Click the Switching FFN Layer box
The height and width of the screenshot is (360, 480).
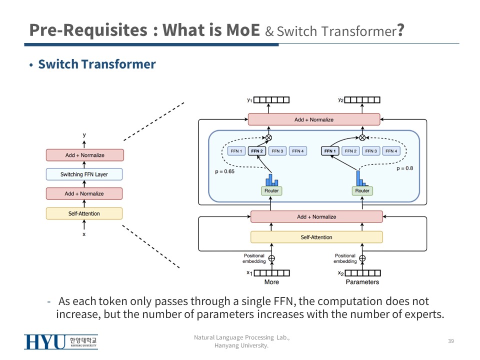coord(84,174)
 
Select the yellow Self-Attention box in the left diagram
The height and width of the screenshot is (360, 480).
coord(84,213)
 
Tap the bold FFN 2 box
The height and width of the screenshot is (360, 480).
coord(257,151)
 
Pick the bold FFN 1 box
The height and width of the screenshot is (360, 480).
coord(330,151)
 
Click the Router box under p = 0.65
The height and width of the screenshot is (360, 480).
coord(271,190)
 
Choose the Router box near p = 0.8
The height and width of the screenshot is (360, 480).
coord(362,190)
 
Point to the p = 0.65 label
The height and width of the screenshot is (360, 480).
coord(225,171)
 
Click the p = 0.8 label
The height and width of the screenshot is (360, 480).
coord(404,168)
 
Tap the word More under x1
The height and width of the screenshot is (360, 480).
coord(271,282)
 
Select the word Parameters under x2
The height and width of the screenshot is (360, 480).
coord(362,282)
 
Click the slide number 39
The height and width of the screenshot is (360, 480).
coord(450,341)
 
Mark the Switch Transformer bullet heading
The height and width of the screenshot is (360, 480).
coord(97,64)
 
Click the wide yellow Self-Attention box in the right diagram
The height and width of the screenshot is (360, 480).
coord(316,237)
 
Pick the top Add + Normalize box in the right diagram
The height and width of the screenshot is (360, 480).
coord(314,120)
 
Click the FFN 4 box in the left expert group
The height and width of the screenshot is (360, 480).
coord(297,151)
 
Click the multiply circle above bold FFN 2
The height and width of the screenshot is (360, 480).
coord(268,137)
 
